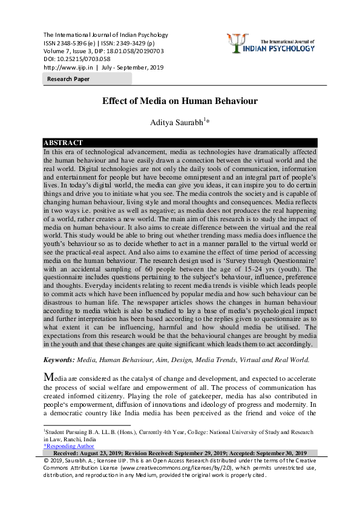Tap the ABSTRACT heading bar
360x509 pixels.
point(64,143)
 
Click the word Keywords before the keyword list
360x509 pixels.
point(58,359)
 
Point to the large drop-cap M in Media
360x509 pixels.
point(50,377)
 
